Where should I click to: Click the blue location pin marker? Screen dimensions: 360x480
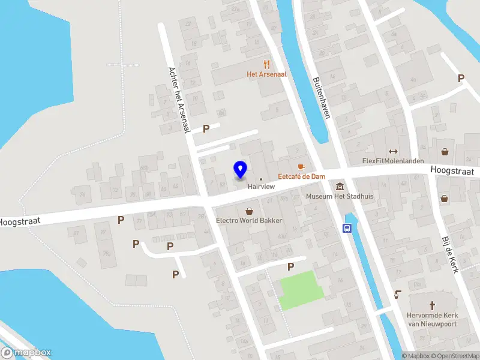tap(240, 170)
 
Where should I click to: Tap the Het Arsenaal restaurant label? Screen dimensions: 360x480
tap(267, 74)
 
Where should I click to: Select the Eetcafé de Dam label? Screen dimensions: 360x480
tap(301, 176)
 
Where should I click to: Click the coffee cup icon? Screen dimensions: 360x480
tap(301, 166)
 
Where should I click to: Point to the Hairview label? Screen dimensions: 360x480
tap(262, 186)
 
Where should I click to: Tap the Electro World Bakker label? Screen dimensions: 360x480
tap(249, 220)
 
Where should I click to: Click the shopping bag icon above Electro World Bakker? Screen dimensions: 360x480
tap(249, 211)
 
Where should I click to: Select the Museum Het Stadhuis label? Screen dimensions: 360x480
tap(340, 196)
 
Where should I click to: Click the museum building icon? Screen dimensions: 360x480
tap(340, 186)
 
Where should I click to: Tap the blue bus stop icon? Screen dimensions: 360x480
tap(347, 228)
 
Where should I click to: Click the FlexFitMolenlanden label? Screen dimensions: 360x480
tap(393, 161)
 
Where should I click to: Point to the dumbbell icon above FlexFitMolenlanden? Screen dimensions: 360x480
tap(393, 151)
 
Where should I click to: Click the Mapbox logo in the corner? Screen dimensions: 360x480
tap(26, 353)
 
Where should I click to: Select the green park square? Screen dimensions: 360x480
tap(301, 290)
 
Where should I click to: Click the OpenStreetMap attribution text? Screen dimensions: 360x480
tap(455, 356)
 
